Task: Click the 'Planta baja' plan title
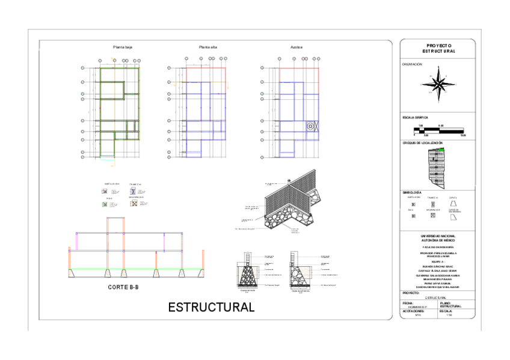pyautogui.click(x=122, y=47)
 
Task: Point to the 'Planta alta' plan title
pyautogui.click(x=208, y=47)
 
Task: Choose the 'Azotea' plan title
pyautogui.click(x=296, y=47)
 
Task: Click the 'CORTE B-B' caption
pyautogui.click(x=123, y=287)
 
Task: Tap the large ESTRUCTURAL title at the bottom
pyautogui.click(x=211, y=307)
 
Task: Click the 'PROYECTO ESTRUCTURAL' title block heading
pyautogui.click(x=438, y=49)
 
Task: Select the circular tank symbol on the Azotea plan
pyautogui.click(x=311, y=126)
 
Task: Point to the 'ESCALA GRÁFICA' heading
pyautogui.click(x=415, y=117)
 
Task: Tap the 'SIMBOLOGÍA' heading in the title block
pyautogui.click(x=412, y=192)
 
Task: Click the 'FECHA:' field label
pyautogui.click(x=407, y=303)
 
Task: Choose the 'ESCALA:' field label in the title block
pyautogui.click(x=446, y=311)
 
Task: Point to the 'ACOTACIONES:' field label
pyautogui.click(x=413, y=311)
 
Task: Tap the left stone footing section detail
pyautogui.click(x=248, y=273)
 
